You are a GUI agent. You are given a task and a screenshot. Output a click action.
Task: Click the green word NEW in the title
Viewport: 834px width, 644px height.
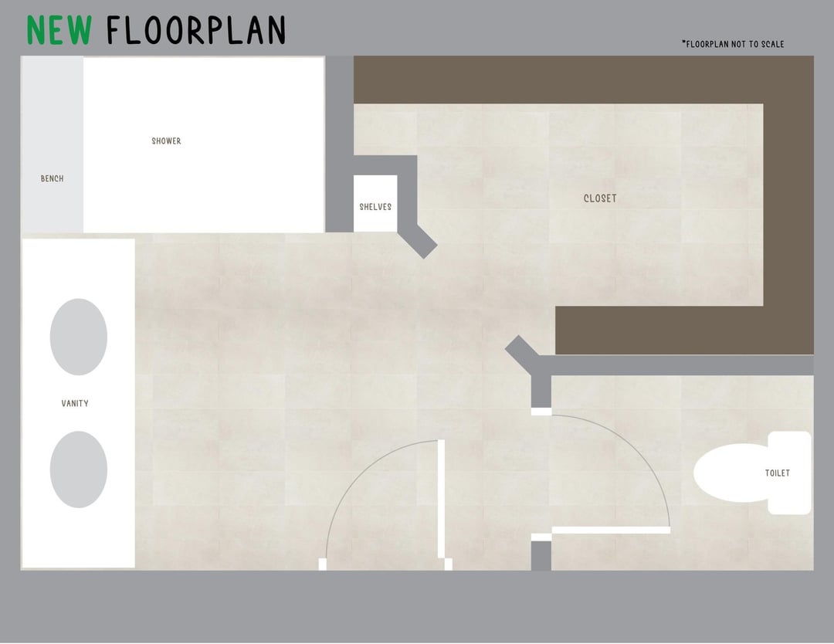click(59, 30)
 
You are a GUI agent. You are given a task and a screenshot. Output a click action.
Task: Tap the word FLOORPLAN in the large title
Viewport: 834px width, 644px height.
click(195, 30)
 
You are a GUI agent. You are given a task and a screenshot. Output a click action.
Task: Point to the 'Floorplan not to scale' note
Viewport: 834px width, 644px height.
click(733, 44)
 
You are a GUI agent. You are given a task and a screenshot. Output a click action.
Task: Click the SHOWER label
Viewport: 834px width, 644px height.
click(167, 141)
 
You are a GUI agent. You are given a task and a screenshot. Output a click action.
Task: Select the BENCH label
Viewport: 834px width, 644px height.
click(53, 178)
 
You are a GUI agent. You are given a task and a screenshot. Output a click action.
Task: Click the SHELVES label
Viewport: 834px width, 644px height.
click(375, 207)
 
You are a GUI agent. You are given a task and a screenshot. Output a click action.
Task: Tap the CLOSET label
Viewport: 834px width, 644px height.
click(600, 198)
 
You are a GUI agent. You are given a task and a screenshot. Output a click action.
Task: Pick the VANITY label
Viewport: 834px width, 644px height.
click(75, 404)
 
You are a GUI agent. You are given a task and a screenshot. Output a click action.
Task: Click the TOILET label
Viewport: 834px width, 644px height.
click(778, 473)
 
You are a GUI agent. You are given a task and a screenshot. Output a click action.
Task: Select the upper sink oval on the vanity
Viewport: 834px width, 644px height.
click(79, 337)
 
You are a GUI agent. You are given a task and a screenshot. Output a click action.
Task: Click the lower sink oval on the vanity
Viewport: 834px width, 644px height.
click(79, 469)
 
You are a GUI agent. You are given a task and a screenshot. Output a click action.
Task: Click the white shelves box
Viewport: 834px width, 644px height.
click(375, 204)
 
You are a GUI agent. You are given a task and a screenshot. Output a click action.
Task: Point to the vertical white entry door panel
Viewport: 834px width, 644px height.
click(441, 499)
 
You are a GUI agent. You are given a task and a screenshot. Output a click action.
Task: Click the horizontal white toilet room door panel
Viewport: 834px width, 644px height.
click(611, 530)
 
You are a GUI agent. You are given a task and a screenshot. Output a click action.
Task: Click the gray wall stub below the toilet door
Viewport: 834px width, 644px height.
click(541, 556)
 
